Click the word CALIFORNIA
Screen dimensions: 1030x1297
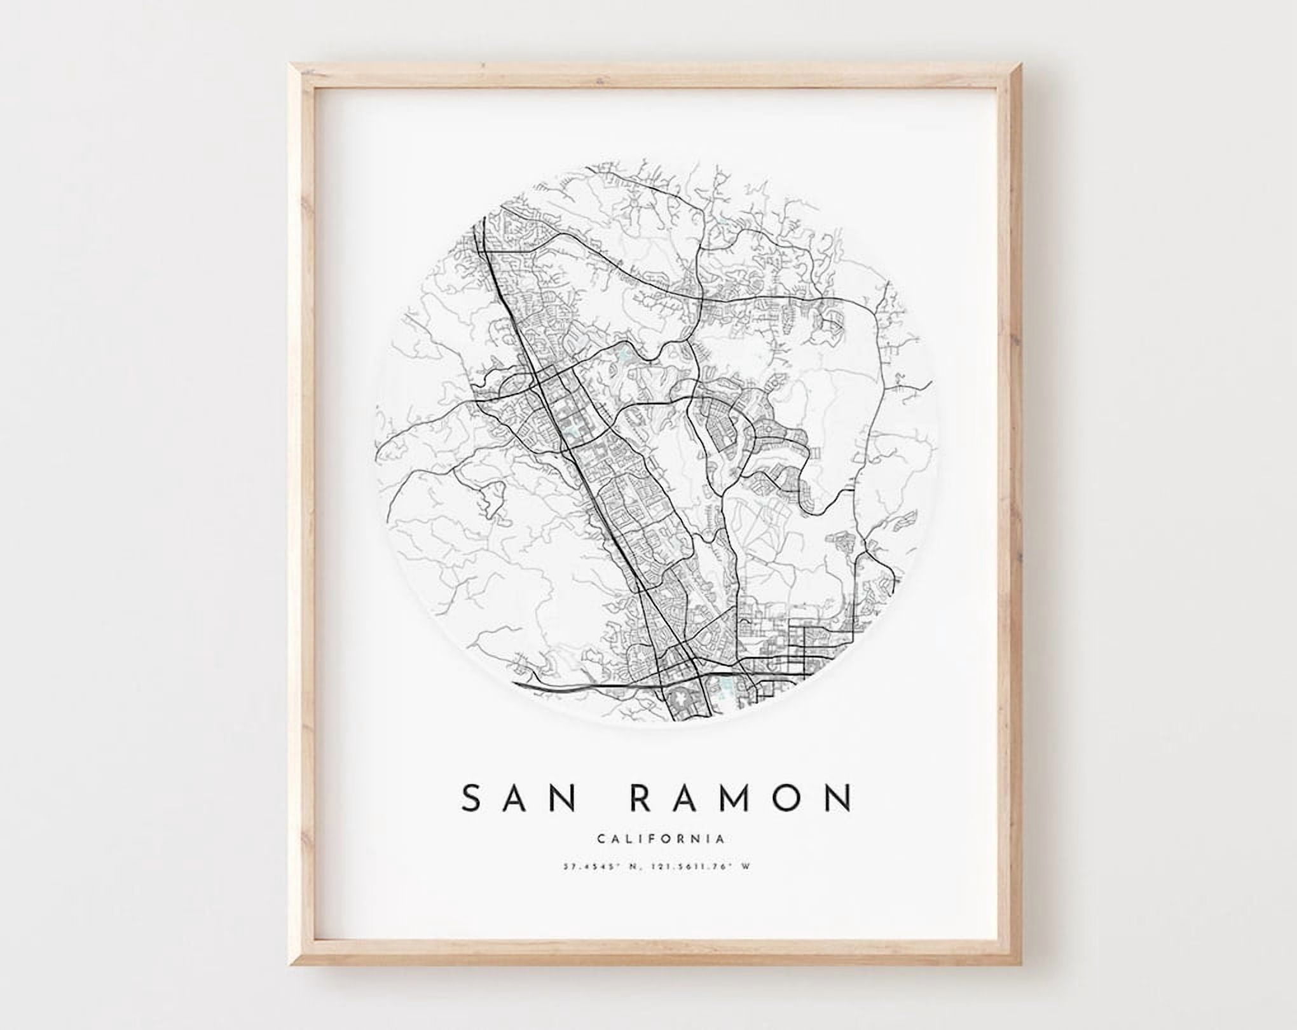[x=661, y=839]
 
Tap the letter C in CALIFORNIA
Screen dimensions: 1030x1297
[x=601, y=839]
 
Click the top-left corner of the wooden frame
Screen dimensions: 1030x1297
[x=291, y=65]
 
